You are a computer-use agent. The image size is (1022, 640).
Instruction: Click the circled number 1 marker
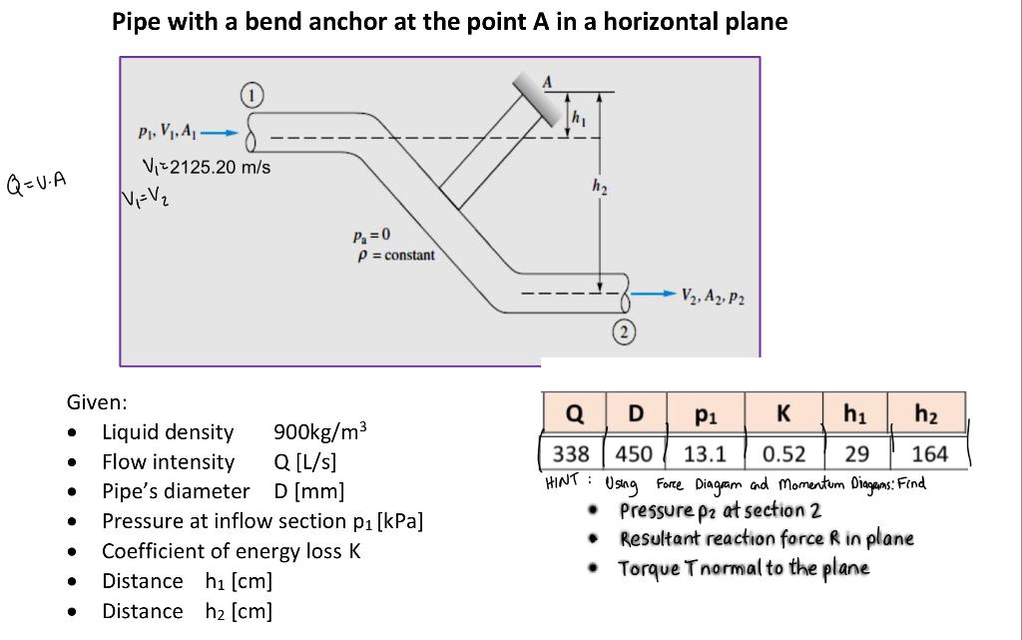click(253, 96)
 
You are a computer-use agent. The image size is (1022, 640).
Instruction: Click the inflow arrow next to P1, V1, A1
click(227, 131)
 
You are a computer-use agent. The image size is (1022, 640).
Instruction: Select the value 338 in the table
click(571, 454)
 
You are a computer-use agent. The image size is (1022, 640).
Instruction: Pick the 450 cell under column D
click(634, 454)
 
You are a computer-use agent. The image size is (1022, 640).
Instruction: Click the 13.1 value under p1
click(705, 454)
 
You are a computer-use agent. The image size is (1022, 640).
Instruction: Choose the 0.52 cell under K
click(783, 454)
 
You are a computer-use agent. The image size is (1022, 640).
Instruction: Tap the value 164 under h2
click(929, 454)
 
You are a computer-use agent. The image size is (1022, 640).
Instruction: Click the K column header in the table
click(783, 413)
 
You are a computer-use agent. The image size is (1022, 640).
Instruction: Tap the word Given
click(96, 402)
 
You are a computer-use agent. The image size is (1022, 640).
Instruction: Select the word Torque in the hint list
click(649, 568)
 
